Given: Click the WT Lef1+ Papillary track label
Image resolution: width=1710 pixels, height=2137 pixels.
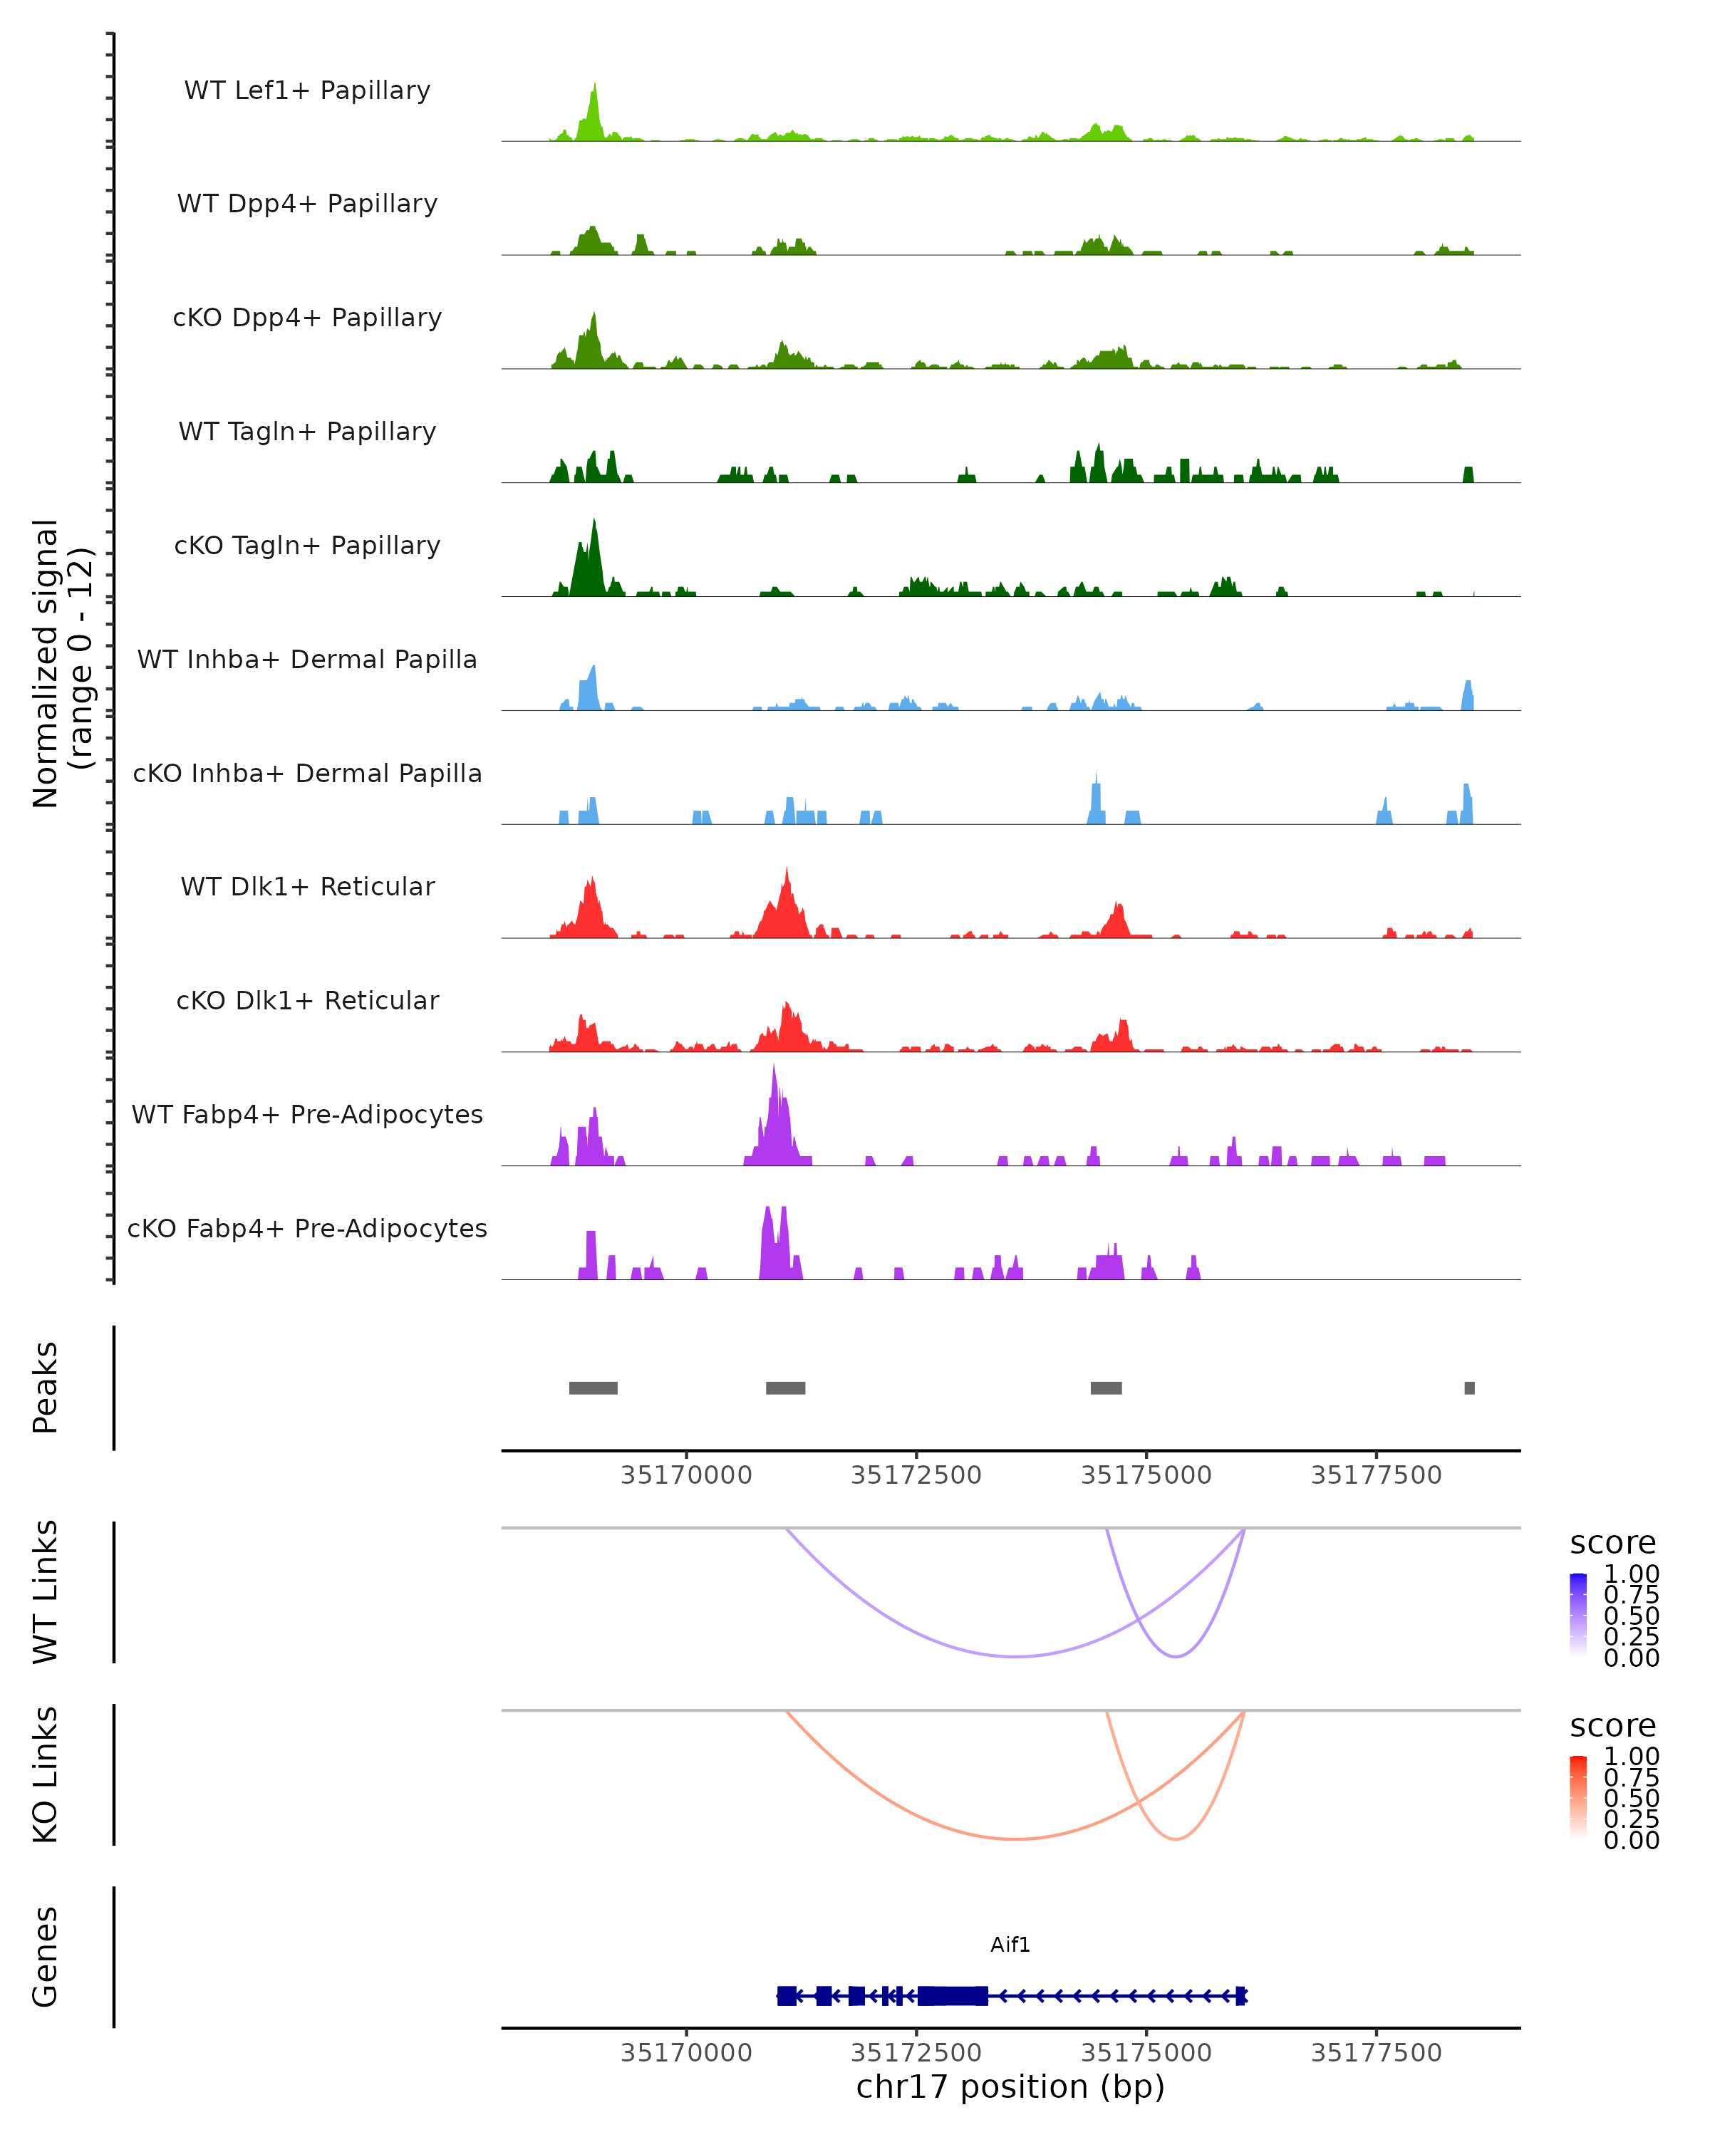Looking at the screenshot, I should [307, 90].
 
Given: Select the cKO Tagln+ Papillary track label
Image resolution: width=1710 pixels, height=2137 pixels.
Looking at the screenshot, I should [307, 545].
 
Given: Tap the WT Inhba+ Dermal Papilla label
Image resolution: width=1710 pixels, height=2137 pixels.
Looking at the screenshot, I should [307, 659].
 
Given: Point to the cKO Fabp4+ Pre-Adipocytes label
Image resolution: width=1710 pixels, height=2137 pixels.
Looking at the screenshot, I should [307, 1228].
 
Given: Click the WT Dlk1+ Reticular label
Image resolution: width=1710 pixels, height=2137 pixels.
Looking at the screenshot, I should [307, 886].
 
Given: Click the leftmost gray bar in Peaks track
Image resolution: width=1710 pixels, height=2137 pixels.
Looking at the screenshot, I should [593, 1388].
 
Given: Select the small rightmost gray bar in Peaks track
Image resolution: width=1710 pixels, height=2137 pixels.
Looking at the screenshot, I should [1469, 1388].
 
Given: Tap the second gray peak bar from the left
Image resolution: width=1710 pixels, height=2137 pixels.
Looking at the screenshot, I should [785, 1388].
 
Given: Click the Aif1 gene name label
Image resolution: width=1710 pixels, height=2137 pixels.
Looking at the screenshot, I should [1010, 1945].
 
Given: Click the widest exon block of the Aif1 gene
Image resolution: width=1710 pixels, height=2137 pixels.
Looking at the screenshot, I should [953, 1995].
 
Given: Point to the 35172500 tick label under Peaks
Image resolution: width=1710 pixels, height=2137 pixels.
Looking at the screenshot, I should [916, 1476].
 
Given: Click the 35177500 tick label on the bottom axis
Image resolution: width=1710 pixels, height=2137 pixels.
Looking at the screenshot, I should [1376, 2053].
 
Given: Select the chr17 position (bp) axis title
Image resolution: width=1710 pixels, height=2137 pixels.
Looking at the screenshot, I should [1010, 2087].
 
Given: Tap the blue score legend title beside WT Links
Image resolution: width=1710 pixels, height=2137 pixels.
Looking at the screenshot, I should [1613, 1544].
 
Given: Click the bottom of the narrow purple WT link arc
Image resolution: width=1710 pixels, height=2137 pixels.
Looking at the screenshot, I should [1176, 1656].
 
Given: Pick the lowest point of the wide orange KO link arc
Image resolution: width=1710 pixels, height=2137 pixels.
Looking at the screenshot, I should [1015, 1839].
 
